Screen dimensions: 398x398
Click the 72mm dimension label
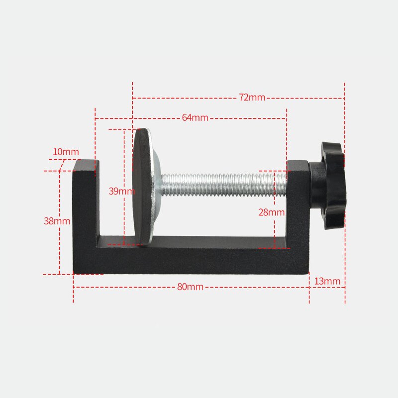point(252,98)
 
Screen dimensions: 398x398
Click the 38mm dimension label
point(57,221)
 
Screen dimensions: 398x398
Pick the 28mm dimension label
point(271,212)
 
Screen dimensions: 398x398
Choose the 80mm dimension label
point(190,287)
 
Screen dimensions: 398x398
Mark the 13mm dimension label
point(327,282)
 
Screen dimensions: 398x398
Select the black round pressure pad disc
point(143,187)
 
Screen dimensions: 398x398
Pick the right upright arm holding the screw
point(298,204)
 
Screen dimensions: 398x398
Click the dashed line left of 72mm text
point(184,98)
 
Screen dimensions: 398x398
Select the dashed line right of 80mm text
point(256,288)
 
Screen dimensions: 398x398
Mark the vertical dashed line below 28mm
point(275,234)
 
